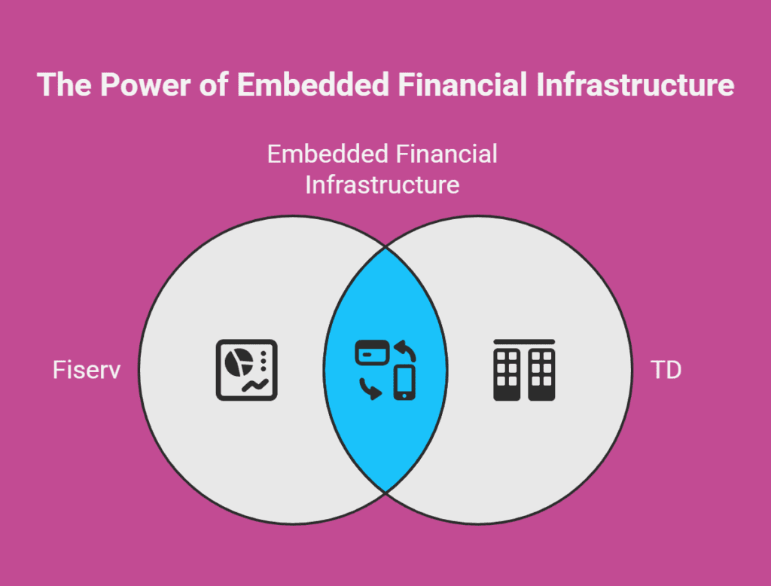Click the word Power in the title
click(x=145, y=84)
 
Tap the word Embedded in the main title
click(x=314, y=84)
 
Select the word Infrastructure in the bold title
click(x=635, y=84)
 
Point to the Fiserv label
click(x=87, y=370)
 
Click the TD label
click(x=666, y=370)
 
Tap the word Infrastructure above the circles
click(x=382, y=185)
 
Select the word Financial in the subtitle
click(x=446, y=154)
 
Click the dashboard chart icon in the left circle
click(x=247, y=370)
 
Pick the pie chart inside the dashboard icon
click(x=239, y=362)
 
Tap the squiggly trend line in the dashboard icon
click(x=254, y=386)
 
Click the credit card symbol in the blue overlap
click(x=372, y=353)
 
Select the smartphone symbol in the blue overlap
click(x=404, y=383)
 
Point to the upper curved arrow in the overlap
click(x=406, y=349)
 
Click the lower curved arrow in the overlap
click(x=370, y=389)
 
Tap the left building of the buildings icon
click(x=507, y=374)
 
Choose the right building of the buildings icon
click(x=541, y=374)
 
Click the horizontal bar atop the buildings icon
click(x=524, y=341)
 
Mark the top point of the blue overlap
click(x=385, y=249)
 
